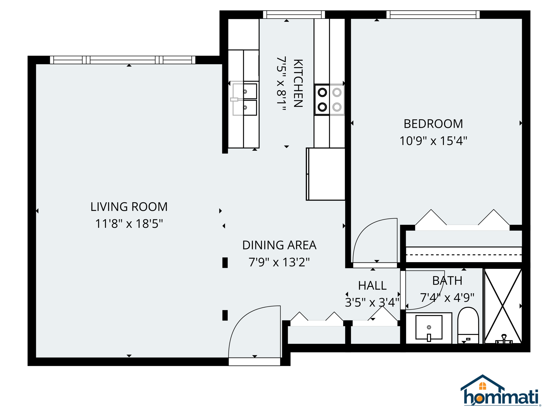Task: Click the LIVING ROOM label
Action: click(129, 207)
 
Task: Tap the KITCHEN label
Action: click(298, 83)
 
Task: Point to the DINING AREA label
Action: click(279, 245)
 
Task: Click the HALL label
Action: click(372, 286)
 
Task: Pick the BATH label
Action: click(447, 281)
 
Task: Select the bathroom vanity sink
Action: click(429, 327)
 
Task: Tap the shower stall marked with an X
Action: click(503, 306)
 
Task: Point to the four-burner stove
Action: click(329, 100)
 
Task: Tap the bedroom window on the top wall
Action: click(433, 15)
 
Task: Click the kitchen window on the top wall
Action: click(294, 15)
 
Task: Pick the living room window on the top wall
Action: click(123, 60)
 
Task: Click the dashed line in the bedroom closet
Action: click(464, 255)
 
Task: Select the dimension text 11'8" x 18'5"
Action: click(129, 224)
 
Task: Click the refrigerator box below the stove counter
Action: click(326, 174)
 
